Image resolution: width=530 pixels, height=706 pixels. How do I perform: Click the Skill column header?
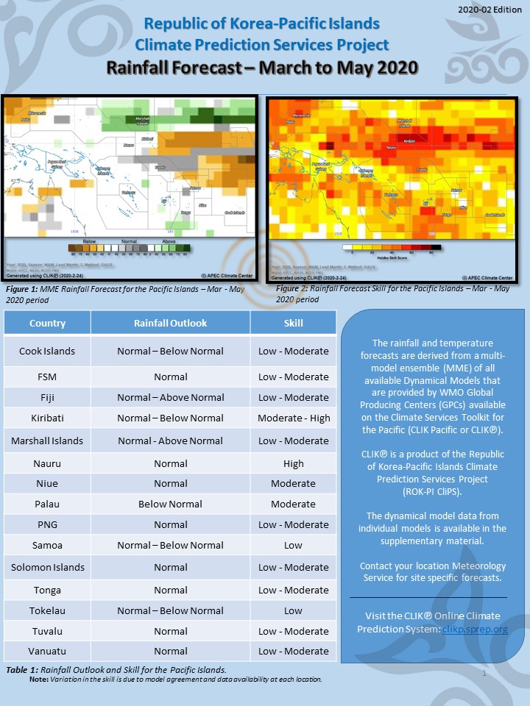(x=293, y=323)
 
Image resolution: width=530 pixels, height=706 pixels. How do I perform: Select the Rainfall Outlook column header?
(x=170, y=323)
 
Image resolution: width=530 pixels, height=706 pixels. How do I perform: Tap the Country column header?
(x=47, y=323)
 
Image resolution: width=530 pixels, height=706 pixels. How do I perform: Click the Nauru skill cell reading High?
(x=293, y=464)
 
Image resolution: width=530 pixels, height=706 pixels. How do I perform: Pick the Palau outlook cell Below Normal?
(x=170, y=504)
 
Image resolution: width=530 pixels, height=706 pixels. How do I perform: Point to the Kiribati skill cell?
(x=293, y=418)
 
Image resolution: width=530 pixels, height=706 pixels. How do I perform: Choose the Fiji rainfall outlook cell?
(x=170, y=397)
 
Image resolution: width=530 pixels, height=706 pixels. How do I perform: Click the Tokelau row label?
(x=47, y=610)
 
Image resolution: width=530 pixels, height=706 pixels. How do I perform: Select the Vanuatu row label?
(x=47, y=651)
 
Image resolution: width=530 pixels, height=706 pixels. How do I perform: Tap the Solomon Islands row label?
(x=47, y=567)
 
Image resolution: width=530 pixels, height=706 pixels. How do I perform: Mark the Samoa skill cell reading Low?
(x=293, y=545)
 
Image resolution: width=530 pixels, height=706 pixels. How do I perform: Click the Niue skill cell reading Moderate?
(x=293, y=483)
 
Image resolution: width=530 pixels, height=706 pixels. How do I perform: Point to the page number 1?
(x=484, y=674)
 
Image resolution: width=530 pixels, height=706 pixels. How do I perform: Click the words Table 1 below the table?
(x=21, y=670)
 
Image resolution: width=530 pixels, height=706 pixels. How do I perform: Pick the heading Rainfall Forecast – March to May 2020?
(x=262, y=68)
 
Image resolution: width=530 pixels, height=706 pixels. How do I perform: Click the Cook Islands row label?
(x=47, y=351)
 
